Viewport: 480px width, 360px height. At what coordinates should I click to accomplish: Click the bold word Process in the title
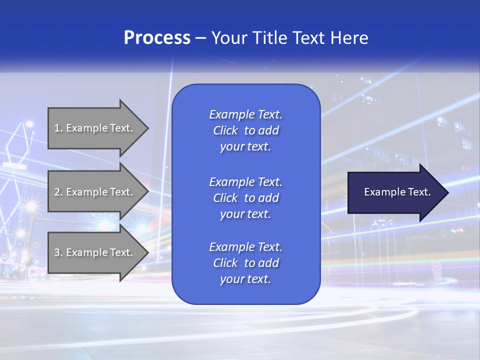click(157, 38)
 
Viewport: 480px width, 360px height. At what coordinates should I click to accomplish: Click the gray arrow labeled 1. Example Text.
click(95, 128)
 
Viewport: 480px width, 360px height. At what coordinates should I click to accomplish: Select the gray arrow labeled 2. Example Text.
click(95, 192)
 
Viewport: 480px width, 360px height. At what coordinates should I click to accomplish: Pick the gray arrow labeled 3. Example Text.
click(95, 252)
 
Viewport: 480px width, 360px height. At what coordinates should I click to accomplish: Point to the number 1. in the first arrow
click(58, 128)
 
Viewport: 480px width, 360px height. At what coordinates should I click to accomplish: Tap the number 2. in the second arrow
click(58, 192)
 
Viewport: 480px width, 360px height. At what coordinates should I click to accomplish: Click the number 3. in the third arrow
click(58, 252)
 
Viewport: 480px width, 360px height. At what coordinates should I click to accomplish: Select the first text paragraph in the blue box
click(245, 130)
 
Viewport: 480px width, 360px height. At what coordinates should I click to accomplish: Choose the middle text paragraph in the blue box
click(245, 198)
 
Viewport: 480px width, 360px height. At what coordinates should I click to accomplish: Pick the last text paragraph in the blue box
click(245, 263)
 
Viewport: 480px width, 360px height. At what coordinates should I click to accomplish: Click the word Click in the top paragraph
click(225, 130)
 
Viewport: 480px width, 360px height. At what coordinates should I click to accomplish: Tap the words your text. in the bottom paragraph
click(245, 279)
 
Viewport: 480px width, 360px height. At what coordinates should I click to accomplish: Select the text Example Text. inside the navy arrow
click(397, 192)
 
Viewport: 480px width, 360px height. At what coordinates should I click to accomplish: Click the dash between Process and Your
click(200, 38)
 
